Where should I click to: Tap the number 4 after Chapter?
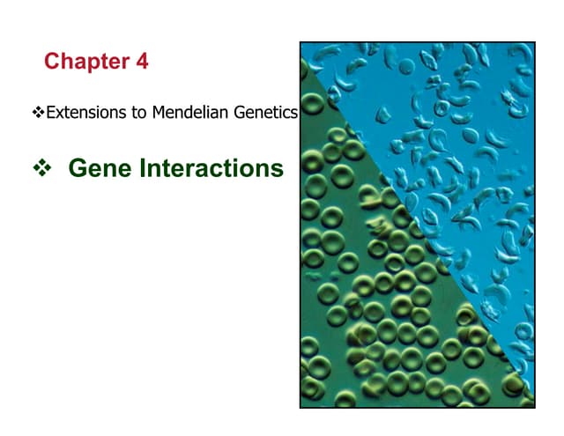tap(141, 62)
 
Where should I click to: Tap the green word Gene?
tap(96, 167)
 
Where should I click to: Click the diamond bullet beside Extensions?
tap(38, 113)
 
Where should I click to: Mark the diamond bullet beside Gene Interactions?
tap(39, 167)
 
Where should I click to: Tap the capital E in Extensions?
tap(49, 113)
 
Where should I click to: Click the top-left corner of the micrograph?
tap(301, 42)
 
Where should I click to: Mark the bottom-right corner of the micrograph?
tap(534, 407)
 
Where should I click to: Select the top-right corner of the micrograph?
tap(534, 42)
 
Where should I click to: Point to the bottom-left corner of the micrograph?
tap(301, 407)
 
